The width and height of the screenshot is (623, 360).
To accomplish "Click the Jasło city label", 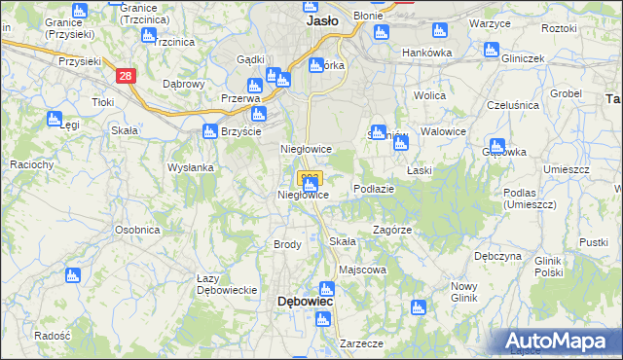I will [x=322, y=19].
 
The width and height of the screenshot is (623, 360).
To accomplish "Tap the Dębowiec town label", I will [x=307, y=302].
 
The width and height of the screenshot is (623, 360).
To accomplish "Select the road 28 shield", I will [x=124, y=75].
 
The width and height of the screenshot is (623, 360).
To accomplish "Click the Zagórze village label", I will [x=393, y=230].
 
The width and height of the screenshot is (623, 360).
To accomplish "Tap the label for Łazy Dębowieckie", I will [x=226, y=284].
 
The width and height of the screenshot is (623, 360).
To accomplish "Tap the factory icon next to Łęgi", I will [x=55, y=119].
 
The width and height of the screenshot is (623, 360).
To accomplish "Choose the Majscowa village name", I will [x=362, y=270].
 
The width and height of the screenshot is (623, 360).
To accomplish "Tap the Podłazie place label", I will [x=374, y=189].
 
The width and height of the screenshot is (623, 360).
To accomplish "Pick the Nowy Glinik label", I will [x=463, y=292].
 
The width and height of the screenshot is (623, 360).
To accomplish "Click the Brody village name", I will [x=287, y=244].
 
